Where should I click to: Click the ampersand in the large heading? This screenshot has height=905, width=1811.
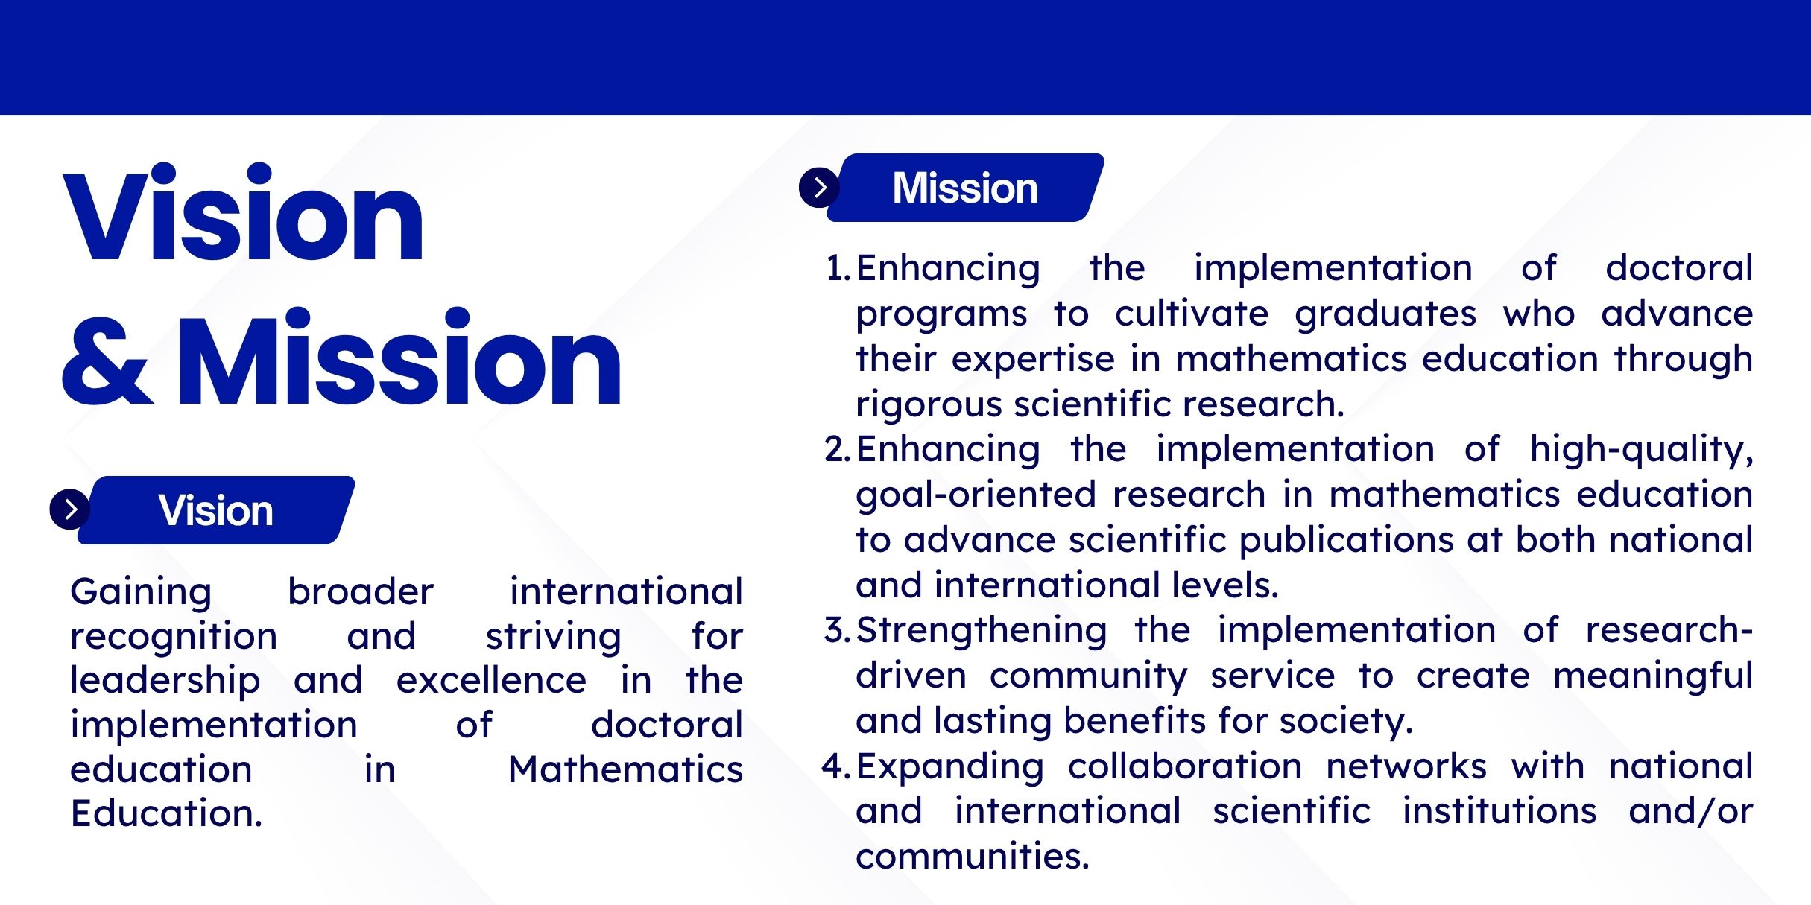pyautogui.click(x=108, y=361)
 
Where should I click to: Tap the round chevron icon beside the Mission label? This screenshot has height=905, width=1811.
pyautogui.click(x=819, y=187)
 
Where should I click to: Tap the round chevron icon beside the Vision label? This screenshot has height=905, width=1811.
pyautogui.click(x=70, y=509)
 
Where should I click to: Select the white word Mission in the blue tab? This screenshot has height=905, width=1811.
pyautogui.click(x=965, y=188)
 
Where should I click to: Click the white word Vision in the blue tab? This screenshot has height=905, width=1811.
pyautogui.click(x=215, y=510)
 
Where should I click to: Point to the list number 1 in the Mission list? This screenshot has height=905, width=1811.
pyautogui.click(x=837, y=267)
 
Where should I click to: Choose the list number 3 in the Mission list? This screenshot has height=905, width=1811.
pyautogui.click(x=837, y=629)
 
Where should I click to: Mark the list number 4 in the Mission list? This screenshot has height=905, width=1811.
pyautogui.click(x=836, y=766)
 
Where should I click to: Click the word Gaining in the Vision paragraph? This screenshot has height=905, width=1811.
pyautogui.click(x=141, y=593)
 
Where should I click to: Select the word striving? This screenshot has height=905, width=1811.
pyautogui.click(x=553, y=638)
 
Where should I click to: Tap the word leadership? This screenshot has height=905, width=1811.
pyautogui.click(x=165, y=682)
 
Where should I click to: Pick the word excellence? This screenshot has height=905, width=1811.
pyautogui.click(x=491, y=680)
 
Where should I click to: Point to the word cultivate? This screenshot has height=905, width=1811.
pyautogui.click(x=1192, y=314)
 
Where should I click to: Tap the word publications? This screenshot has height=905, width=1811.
pyautogui.click(x=1346, y=541)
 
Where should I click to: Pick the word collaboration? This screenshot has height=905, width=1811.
pyautogui.click(x=1185, y=766)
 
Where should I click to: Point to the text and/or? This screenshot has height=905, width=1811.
pyautogui.click(x=1691, y=811)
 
